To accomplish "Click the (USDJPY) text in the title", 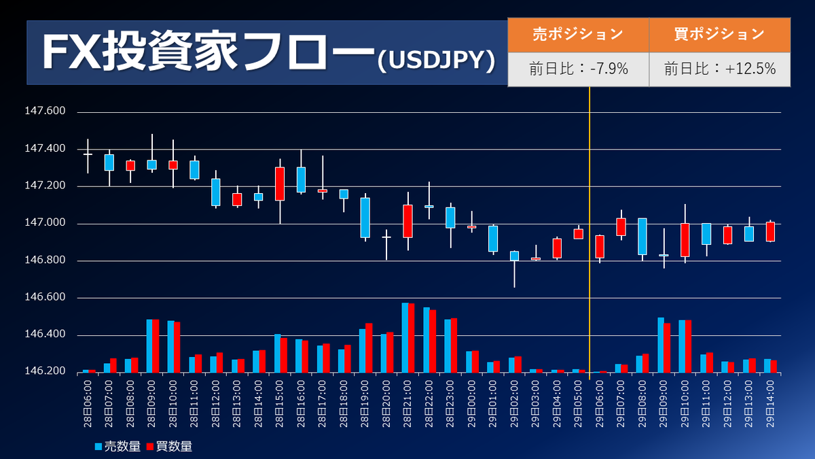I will point(435,61).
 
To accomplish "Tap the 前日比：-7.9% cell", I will point(578,69).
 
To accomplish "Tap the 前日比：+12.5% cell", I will point(719,69).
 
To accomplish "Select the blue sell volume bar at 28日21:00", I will point(405,338).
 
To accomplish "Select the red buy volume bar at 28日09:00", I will point(156,346).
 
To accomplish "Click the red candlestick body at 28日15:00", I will point(280,184).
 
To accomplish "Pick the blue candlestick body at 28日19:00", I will point(365,218).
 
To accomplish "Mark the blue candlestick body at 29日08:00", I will point(642,236).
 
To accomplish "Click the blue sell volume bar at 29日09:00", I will point(661,345).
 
